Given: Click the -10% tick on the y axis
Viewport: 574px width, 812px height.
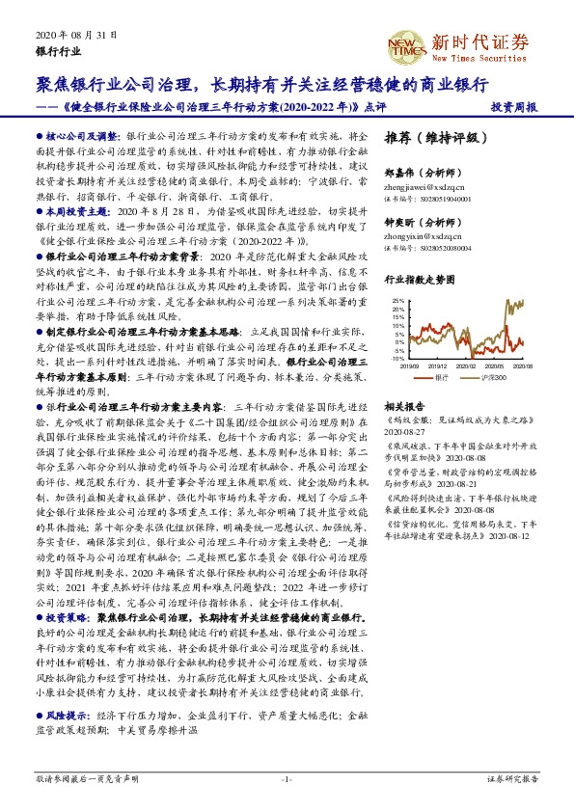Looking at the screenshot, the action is point(397,358).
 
